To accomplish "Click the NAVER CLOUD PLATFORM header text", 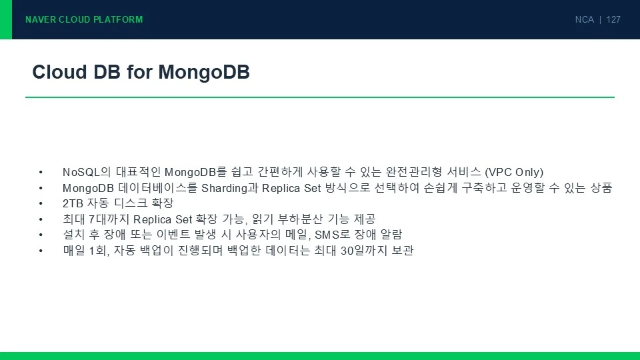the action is coord(84,19).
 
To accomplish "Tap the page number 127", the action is coord(613,19).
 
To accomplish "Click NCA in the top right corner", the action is coord(585,19).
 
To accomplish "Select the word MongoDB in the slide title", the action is coord(204,73).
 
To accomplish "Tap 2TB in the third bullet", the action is coord(73,203).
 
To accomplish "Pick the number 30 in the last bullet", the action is coord(347,250).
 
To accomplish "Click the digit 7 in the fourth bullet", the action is coord(91,219).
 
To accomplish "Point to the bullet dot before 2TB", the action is coord(41,204).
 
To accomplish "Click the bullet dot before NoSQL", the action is coord(41,173).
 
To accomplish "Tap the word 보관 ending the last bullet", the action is coord(403,250).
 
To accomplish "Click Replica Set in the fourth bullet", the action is coord(163,219).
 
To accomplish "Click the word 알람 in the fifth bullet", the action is coord(391,234).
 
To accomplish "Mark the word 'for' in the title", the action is coord(139,72).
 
